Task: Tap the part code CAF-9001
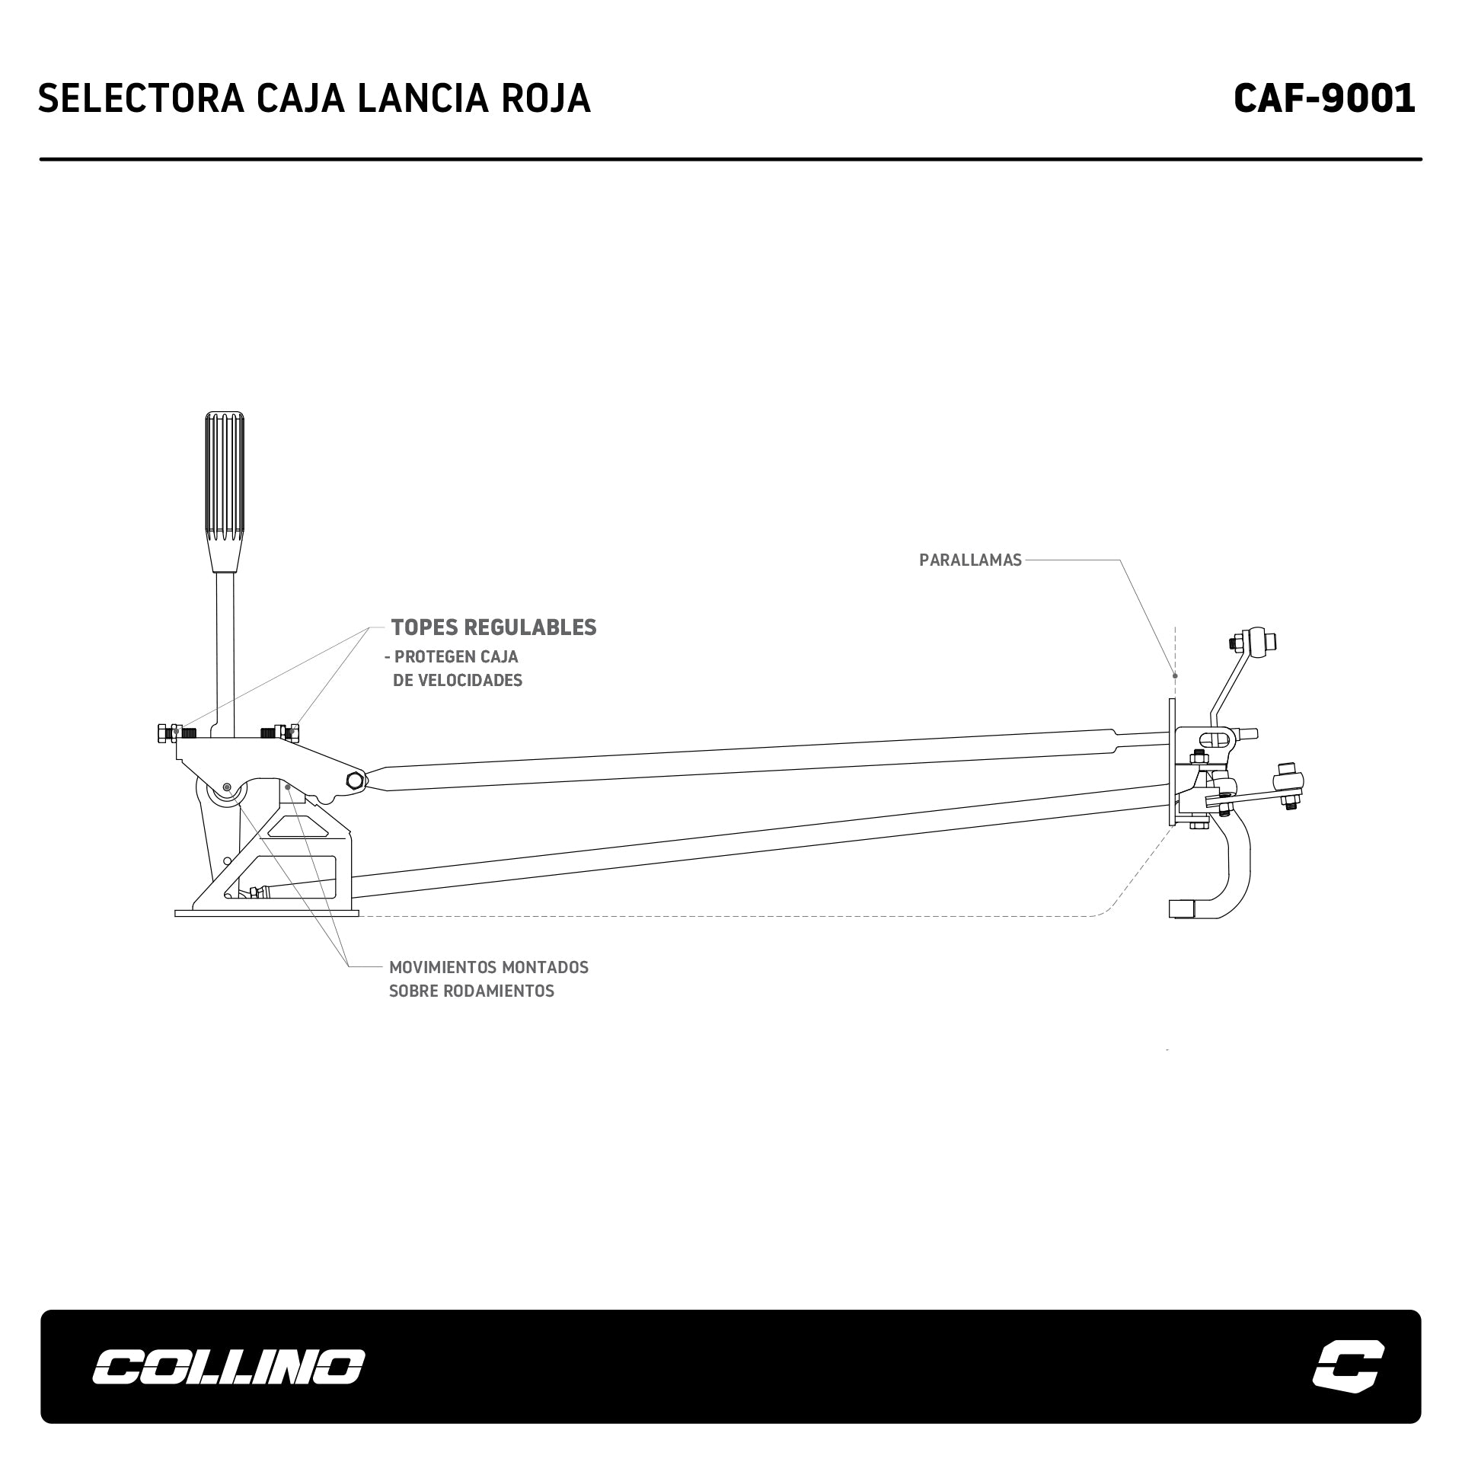tap(1324, 98)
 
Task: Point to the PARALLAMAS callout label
tap(970, 560)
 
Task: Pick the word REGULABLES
tap(530, 627)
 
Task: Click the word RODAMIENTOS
tap(471, 991)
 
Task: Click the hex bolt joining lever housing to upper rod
tap(355, 780)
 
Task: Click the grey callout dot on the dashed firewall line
tap(1175, 675)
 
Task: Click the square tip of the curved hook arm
tap(1181, 908)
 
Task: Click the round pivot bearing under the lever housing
tap(226, 793)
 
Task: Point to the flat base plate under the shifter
tap(267, 913)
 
